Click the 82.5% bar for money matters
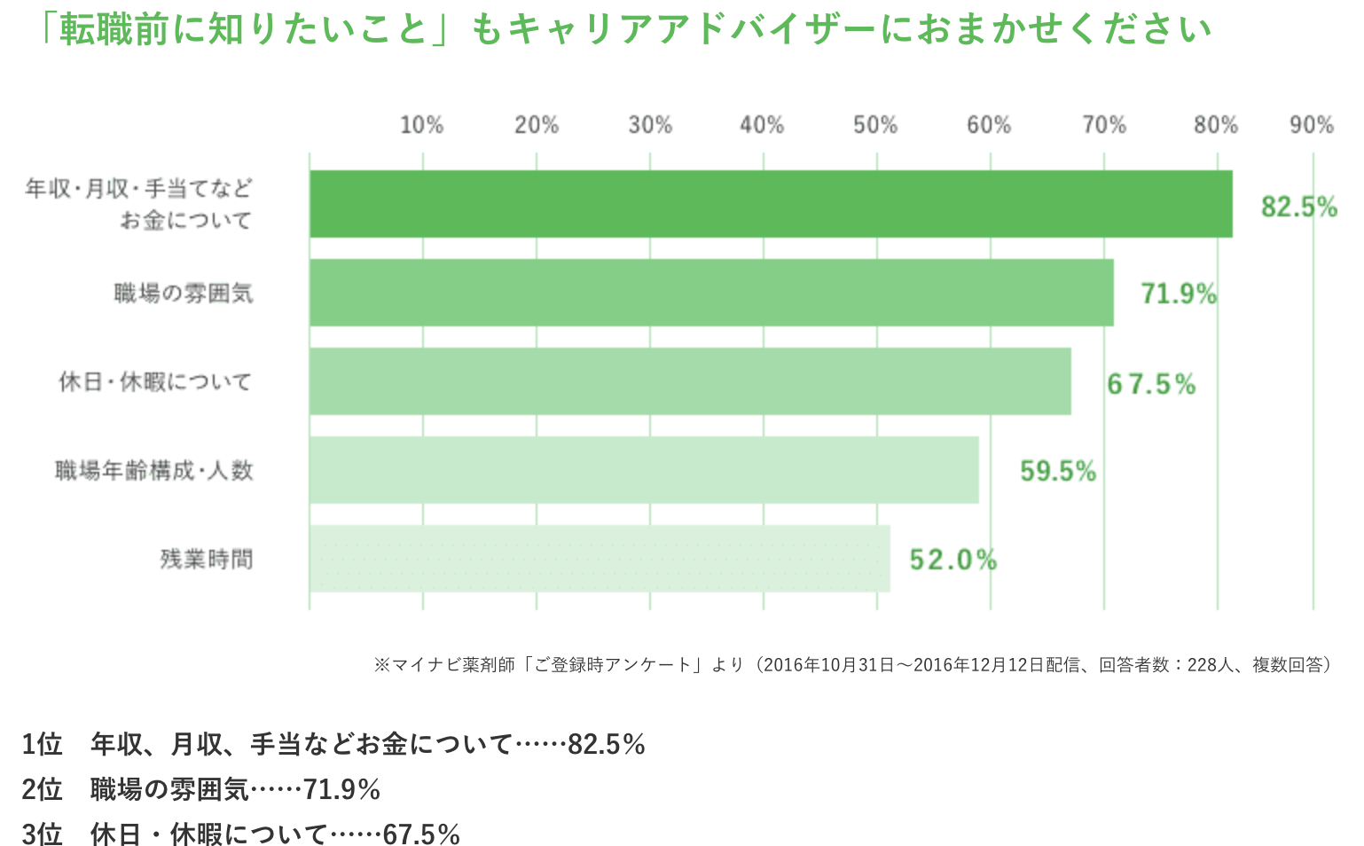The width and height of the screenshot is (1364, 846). [x=770, y=204]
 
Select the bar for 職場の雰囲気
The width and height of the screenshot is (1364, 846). [x=711, y=293]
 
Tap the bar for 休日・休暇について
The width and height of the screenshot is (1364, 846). [x=690, y=381]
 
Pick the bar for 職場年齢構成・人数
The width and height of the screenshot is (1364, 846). [x=644, y=470]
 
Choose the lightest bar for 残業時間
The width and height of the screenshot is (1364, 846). [x=600, y=559]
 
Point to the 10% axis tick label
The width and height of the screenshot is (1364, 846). [x=421, y=125]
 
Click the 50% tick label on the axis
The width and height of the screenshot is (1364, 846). [x=875, y=125]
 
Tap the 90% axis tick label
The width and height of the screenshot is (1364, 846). [x=1312, y=125]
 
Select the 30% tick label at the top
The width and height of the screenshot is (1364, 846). [x=650, y=125]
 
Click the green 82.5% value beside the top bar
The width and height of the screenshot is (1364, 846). [x=1298, y=207]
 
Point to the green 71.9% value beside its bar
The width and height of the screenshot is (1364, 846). [x=1178, y=294]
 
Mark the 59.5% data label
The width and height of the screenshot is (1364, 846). [x=1057, y=471]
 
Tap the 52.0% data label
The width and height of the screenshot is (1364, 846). [x=952, y=560]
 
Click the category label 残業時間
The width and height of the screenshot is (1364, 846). [x=207, y=560]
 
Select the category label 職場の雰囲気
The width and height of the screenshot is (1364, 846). [x=184, y=294]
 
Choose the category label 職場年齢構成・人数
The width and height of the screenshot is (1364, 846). [x=154, y=471]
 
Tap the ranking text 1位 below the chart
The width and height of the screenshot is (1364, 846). [x=42, y=744]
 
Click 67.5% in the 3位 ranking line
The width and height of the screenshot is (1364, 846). [x=421, y=834]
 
